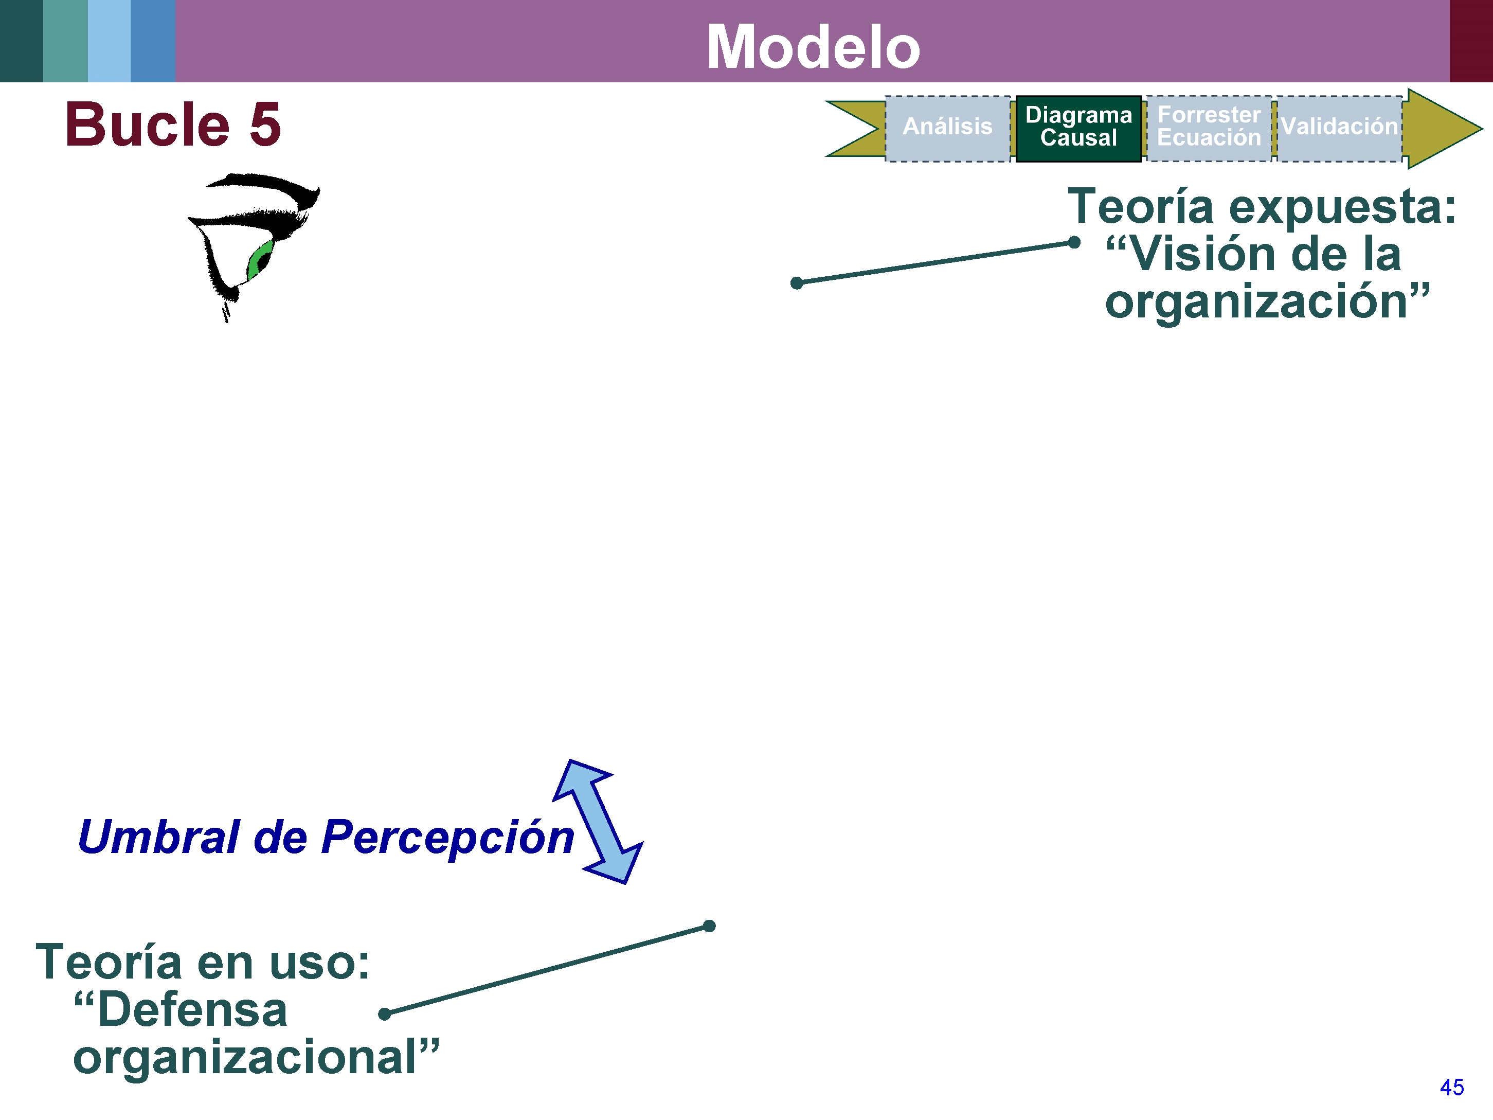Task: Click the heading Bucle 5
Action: (173, 125)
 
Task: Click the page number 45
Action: (1451, 1088)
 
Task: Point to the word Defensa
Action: (192, 1010)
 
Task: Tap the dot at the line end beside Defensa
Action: (385, 1014)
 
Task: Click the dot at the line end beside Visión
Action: (1074, 242)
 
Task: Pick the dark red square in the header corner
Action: (1471, 41)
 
